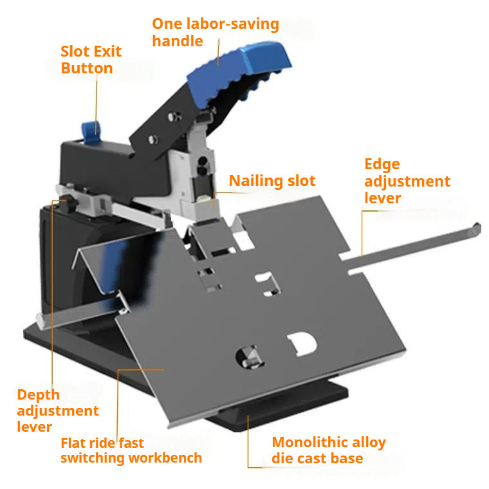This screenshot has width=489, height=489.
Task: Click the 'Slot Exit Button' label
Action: coord(91,60)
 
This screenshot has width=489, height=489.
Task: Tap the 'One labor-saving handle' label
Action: coord(215,33)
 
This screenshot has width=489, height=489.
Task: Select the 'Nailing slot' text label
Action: coord(272,181)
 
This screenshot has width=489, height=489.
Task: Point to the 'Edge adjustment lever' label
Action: coord(407,181)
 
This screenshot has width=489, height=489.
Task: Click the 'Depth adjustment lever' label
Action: coord(57,411)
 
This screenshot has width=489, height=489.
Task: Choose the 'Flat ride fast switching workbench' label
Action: coord(131,450)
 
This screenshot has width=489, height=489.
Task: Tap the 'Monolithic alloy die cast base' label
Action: coord(328,450)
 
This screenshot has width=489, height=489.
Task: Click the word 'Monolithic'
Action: coord(306,443)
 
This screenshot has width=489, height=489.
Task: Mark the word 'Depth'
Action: coord(38,395)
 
